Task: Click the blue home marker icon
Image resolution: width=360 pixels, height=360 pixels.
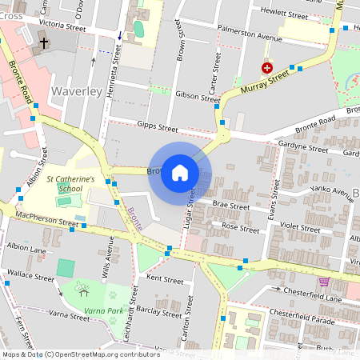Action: click(180, 172)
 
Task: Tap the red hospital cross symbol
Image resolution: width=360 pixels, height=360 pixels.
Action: click(266, 69)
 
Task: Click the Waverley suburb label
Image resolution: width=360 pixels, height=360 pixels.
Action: click(75, 93)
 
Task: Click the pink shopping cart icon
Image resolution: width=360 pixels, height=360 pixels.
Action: click(324, 282)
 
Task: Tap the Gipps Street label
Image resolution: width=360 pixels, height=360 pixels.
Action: click(156, 126)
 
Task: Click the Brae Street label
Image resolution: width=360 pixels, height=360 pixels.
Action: click(231, 206)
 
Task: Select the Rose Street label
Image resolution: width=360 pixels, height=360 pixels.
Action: click(240, 227)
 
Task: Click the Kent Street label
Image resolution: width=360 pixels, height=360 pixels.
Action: click(166, 280)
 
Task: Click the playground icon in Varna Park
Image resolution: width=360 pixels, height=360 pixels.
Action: click(80, 286)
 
